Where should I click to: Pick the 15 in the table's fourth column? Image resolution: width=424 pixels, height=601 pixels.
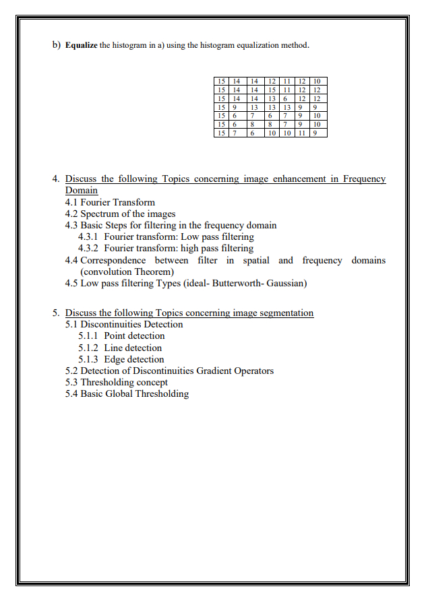pos(272,90)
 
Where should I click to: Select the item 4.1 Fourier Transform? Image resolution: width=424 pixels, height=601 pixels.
pos(110,202)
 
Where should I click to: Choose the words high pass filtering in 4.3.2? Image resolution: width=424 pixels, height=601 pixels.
pos(218,248)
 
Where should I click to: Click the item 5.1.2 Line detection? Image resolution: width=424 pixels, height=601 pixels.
pos(120,348)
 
